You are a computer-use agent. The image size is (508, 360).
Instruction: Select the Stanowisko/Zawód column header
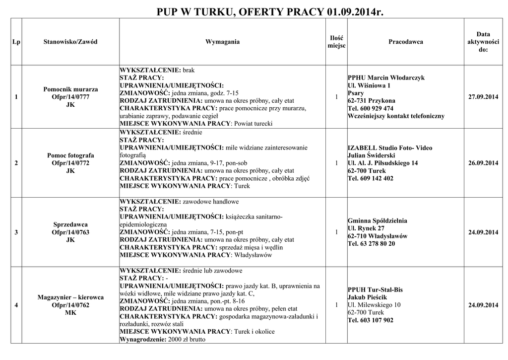tap(70, 42)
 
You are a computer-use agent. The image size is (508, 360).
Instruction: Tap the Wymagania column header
tap(222, 42)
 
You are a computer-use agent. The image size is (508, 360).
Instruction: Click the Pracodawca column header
tap(405, 42)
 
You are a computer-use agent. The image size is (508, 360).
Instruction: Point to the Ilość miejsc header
tap(336, 42)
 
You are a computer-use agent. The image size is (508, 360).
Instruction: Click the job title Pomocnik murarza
tap(70, 89)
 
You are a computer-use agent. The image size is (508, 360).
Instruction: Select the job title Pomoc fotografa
tap(70, 155)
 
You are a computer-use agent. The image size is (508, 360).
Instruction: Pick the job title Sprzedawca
tap(70, 224)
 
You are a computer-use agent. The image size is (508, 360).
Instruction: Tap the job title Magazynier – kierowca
tap(70, 297)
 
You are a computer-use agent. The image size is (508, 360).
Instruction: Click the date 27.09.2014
tap(483, 97)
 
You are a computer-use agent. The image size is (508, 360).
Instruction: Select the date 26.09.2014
tap(483, 163)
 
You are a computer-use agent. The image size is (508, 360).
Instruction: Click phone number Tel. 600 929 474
tap(371, 108)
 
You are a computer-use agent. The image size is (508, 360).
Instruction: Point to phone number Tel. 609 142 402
tap(371, 178)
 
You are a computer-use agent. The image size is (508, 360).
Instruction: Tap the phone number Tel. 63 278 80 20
tap(372, 244)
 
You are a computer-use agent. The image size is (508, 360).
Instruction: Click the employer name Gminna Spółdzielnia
tap(378, 220)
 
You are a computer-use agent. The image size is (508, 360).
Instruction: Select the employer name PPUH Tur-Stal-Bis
tap(375, 289)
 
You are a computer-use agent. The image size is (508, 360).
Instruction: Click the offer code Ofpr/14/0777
tap(70, 97)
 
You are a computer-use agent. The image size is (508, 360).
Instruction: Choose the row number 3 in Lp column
tap(16, 232)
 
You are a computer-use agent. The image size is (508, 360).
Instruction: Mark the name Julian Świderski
tap(371, 155)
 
